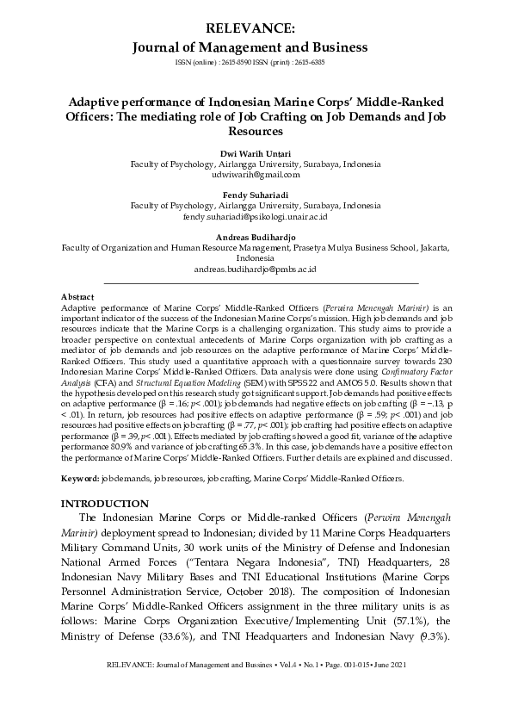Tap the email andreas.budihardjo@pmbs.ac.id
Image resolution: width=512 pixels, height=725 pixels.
(256, 269)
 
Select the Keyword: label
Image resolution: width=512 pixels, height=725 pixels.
(80, 476)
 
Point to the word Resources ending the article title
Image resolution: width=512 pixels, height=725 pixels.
(256, 132)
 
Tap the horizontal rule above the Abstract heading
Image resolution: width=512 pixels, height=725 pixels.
(261, 282)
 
